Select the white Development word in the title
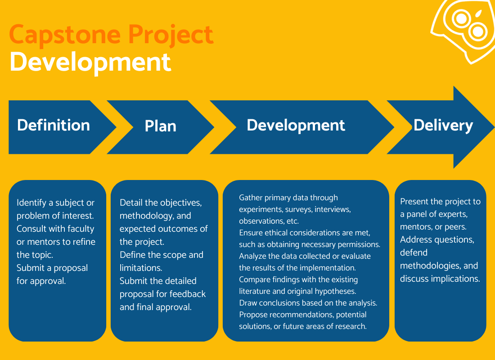[90, 62]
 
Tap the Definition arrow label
[54, 125]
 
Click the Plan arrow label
[161, 126]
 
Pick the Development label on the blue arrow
[296, 125]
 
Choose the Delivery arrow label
[443, 126]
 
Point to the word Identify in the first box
[31, 202]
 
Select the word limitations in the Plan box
[140, 268]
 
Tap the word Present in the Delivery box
[415, 201]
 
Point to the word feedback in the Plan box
[188, 294]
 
